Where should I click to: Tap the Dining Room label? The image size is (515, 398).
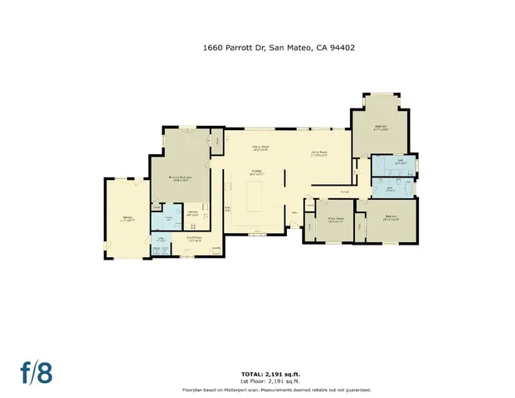263,149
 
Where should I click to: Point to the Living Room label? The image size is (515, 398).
320,153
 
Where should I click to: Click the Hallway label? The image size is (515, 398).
344,192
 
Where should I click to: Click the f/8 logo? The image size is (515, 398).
36,372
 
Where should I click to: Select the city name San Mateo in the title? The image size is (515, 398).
289,48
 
